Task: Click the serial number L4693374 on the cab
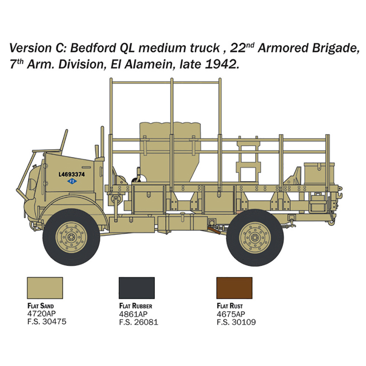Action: pyautogui.click(x=72, y=174)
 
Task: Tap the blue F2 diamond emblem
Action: pyautogui.click(x=72, y=181)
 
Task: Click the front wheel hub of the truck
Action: pyautogui.click(x=71, y=237)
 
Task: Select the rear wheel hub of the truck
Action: pyautogui.click(x=255, y=238)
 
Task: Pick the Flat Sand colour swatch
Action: pyautogui.click(x=45, y=288)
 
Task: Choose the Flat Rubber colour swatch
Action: pyautogui.click(x=137, y=288)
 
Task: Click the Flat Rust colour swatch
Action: pyautogui.click(x=234, y=288)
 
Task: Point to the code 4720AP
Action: pyautogui.click(x=42, y=314)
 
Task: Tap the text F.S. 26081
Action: pyautogui.click(x=139, y=322)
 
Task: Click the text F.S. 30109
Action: pyautogui.click(x=236, y=322)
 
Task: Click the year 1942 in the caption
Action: pyautogui.click(x=221, y=64)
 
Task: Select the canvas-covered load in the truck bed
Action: pyautogui.click(x=170, y=152)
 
